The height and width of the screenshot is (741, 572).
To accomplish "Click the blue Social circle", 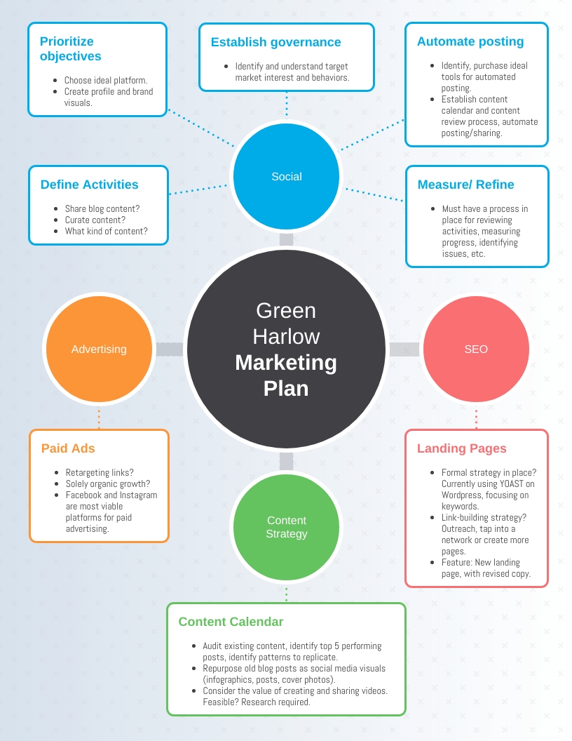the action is point(287,177).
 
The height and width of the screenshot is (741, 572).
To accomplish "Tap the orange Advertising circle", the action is point(99,349).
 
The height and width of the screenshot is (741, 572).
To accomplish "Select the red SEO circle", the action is point(476,349).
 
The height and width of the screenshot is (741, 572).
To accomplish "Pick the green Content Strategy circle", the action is point(287,527).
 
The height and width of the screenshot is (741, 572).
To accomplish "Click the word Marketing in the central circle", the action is point(286,363).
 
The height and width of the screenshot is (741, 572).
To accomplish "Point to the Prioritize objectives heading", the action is point(70,48).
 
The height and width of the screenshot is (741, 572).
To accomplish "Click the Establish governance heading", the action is point(275,42).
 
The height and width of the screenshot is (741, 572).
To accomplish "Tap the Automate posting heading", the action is point(470,41).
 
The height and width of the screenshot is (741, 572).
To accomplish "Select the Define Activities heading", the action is point(89,185).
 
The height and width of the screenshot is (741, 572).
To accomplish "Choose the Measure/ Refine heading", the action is point(465,185).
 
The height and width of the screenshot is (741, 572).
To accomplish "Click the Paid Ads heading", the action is point(68,448).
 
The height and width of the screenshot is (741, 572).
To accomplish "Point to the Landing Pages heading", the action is point(461,448).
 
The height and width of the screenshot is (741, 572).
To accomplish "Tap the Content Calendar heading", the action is point(231,622).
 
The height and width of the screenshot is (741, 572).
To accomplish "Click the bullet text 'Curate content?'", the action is point(95,220).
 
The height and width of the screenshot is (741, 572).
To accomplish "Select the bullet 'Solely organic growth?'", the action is point(108,484).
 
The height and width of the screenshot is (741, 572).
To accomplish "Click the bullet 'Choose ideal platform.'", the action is point(106,80).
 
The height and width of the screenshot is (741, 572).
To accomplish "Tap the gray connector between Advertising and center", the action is point(170,349).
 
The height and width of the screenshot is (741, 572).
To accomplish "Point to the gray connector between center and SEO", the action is point(404,349).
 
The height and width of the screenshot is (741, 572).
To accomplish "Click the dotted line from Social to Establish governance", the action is point(287,105).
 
